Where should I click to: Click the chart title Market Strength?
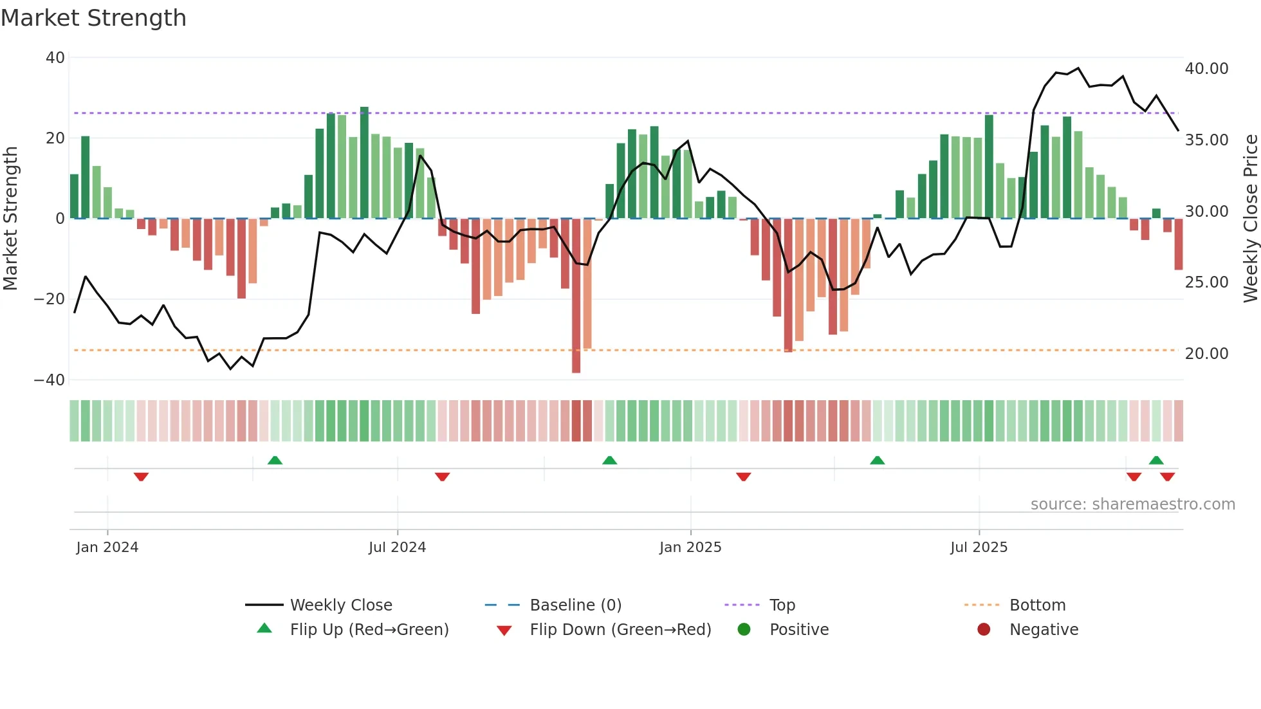coord(93,18)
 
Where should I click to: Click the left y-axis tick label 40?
coord(55,58)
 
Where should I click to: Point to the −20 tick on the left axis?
coord(50,299)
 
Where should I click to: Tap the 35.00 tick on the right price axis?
coord(1206,140)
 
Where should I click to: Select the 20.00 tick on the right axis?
coord(1206,354)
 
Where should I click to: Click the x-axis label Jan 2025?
coord(690,548)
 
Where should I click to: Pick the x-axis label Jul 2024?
coord(397,548)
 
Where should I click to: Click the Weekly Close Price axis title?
coord(1250,219)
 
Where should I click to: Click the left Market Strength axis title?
coord(11,219)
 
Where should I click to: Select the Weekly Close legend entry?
coord(341,605)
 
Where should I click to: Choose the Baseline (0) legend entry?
coord(575,605)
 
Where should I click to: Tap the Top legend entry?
coord(782,605)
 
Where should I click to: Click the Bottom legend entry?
coord(1037,605)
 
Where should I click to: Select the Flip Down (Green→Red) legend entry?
coord(620,630)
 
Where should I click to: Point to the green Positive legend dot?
coord(744,630)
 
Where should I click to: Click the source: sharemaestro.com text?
coord(1132,504)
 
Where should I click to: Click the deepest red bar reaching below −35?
coord(576,296)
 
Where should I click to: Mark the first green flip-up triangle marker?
coord(275,460)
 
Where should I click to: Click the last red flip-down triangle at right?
coord(1167,477)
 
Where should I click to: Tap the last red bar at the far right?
coord(1178,244)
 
